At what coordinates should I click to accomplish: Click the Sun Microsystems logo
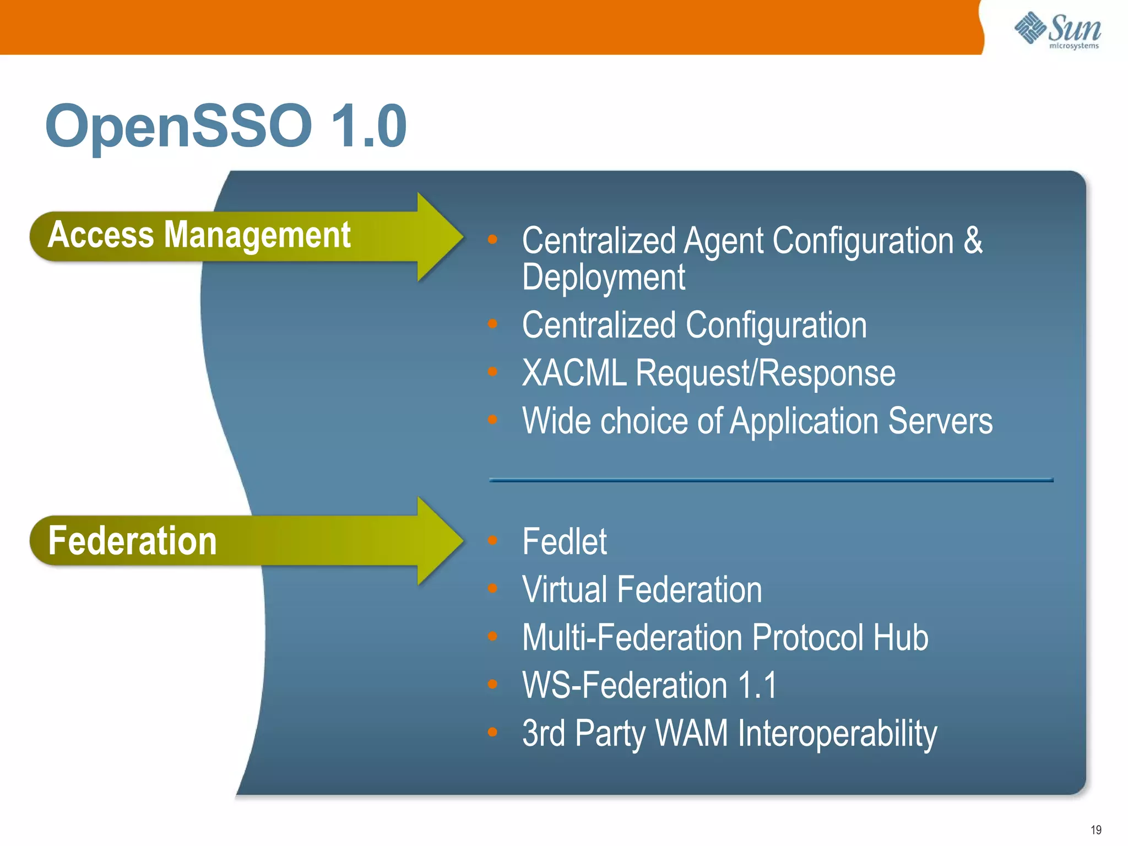(x=1057, y=31)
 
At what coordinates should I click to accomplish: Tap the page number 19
(x=1096, y=829)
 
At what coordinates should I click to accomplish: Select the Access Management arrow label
(x=199, y=236)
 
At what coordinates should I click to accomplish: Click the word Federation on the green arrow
(x=132, y=541)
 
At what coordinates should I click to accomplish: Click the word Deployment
(x=603, y=277)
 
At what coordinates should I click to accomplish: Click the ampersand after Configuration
(x=973, y=241)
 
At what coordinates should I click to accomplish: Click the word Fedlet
(x=564, y=542)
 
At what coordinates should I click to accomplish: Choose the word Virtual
(x=565, y=590)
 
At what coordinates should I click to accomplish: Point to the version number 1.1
(x=757, y=686)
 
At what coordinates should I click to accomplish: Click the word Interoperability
(x=837, y=734)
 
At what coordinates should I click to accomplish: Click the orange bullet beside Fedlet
(x=492, y=540)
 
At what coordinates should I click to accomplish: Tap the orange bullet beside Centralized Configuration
(x=492, y=324)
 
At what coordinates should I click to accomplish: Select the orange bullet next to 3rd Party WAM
(x=492, y=732)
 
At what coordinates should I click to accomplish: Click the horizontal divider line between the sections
(x=771, y=480)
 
